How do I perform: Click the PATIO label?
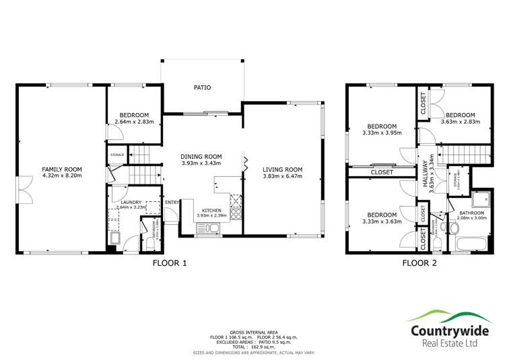[x=202, y=87]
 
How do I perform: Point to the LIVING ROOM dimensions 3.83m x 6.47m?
[x=282, y=176]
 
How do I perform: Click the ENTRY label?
[x=172, y=202]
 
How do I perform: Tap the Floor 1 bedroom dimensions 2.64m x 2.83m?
[x=135, y=122]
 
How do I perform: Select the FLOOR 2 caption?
[x=419, y=264]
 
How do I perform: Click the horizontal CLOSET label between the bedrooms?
[x=382, y=172]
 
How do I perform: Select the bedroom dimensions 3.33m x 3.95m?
[x=381, y=133]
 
